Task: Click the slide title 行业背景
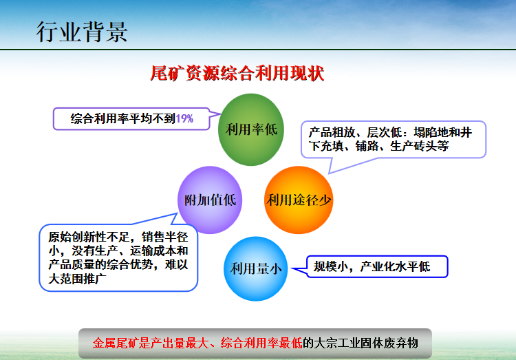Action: coord(81,32)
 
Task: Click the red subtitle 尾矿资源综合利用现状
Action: coord(237,74)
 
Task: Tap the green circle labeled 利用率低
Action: coord(251,129)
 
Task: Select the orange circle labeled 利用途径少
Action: coord(299,200)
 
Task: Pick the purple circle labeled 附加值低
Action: coord(211,200)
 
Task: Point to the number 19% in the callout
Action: coord(184,118)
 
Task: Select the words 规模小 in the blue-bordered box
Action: coord(332,266)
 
